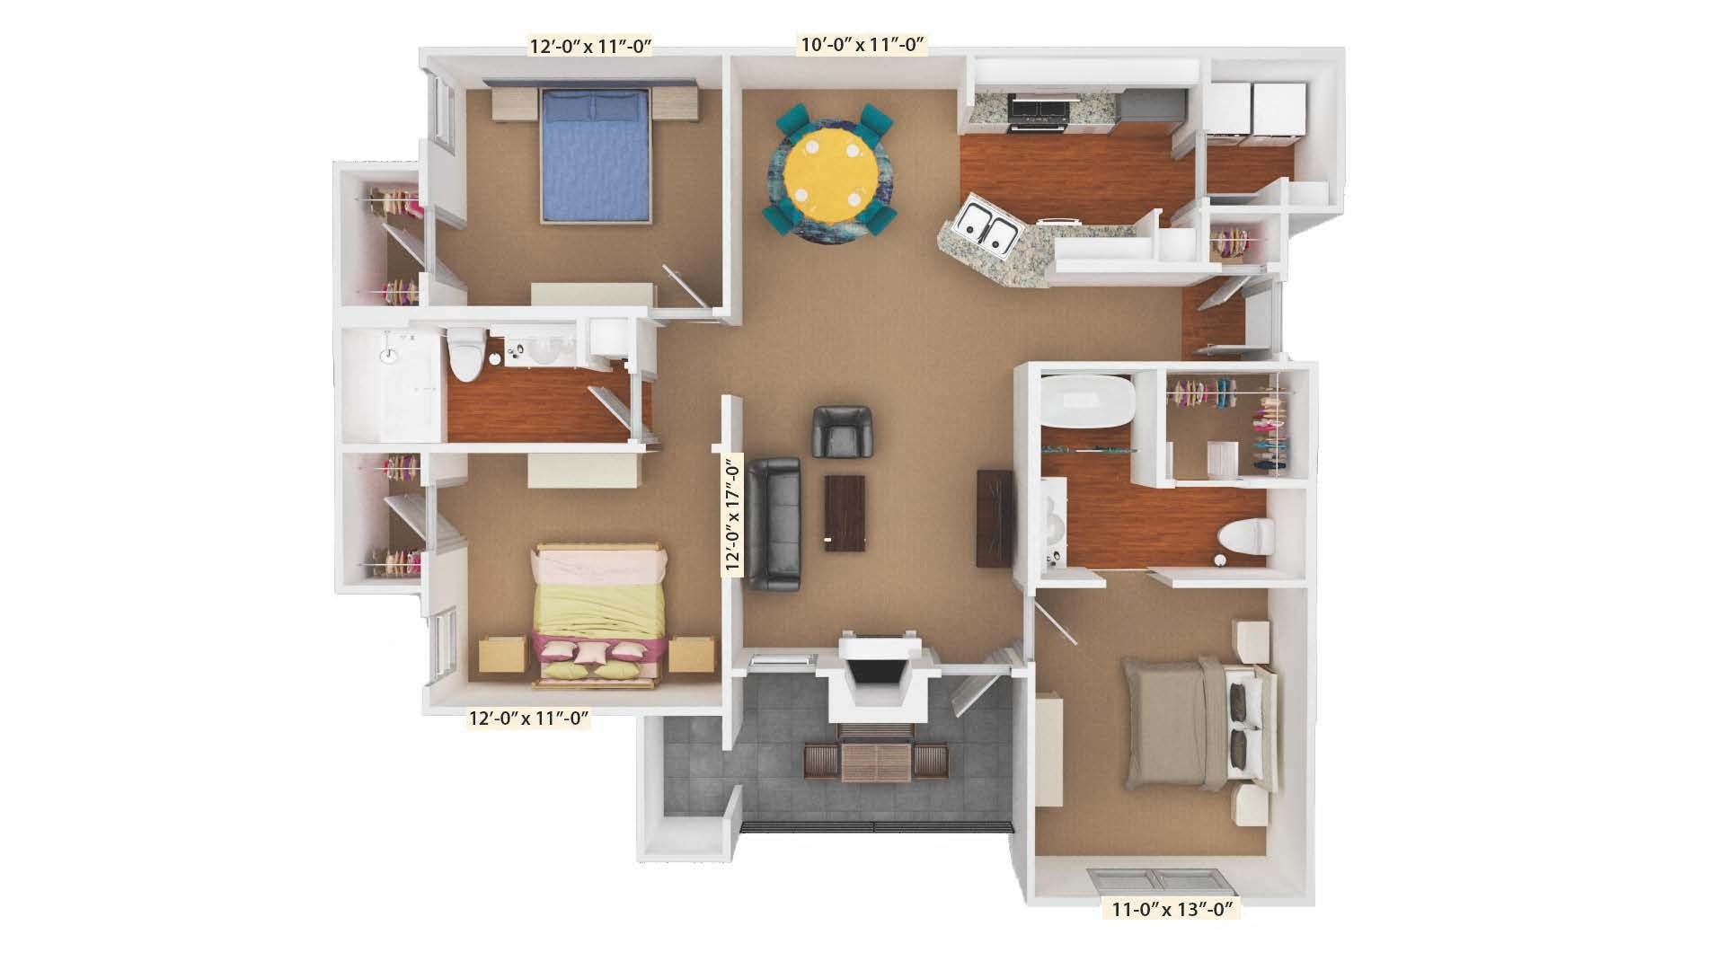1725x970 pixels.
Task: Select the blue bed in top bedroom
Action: (596, 157)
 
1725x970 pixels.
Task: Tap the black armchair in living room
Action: (842, 430)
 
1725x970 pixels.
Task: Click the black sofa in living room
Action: (774, 524)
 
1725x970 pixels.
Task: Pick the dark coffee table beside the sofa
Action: (845, 513)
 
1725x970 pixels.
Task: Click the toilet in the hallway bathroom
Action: (466, 354)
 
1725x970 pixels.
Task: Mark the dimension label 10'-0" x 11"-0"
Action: (862, 44)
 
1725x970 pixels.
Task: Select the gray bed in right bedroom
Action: (1196, 722)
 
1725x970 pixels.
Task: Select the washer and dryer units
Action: (1253, 112)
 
